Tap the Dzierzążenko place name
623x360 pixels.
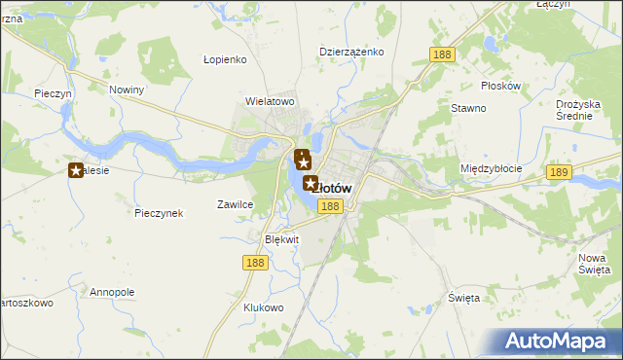[351, 52]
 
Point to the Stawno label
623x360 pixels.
[468, 108]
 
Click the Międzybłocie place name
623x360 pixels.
[491, 168]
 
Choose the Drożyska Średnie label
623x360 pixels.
[582, 109]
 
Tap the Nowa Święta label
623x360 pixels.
[593, 263]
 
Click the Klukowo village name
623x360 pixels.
[263, 307]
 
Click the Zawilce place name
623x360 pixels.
[235, 205]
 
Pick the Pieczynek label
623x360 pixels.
[160, 213]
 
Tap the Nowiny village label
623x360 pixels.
[127, 90]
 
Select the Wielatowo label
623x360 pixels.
[270, 100]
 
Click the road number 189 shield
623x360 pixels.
[558, 172]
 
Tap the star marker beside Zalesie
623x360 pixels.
[76, 171]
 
